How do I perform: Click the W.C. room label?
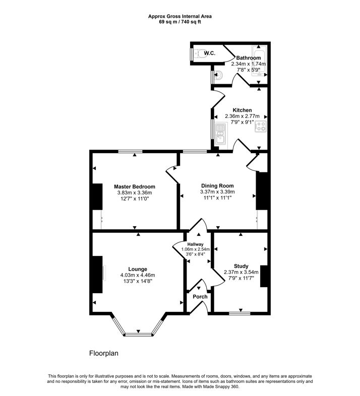pyautogui.click(x=210, y=52)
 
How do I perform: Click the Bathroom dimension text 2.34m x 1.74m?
pyautogui.click(x=248, y=64)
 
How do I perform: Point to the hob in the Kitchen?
pyautogui.click(x=261, y=127)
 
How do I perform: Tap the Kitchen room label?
pyautogui.click(x=242, y=110)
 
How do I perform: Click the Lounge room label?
pyautogui.click(x=137, y=269)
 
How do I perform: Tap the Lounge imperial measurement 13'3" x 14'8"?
pyautogui.click(x=137, y=281)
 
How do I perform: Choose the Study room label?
pyautogui.click(x=241, y=266)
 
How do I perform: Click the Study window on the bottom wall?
pyautogui.click(x=239, y=313)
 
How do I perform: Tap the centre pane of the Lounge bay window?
pyautogui.click(x=138, y=334)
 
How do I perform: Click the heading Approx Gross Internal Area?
pyautogui.click(x=179, y=16)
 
